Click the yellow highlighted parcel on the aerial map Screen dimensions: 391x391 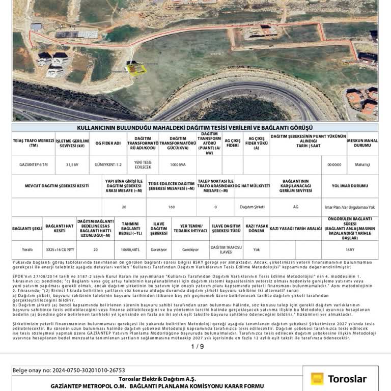click(x=135, y=70)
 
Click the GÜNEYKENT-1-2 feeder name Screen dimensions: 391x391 click(x=108, y=164)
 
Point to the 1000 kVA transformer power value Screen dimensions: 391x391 click(x=178, y=164)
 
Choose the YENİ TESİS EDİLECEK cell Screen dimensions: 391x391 click(x=143, y=164)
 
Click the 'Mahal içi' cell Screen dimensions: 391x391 click(x=362, y=164)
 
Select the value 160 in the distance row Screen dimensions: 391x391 click(x=171, y=207)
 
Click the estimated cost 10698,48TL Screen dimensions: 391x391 click(x=131, y=249)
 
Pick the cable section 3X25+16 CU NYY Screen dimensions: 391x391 click(x=60, y=249)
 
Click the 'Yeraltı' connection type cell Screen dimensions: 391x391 click(x=27, y=249)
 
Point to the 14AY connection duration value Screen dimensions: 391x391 click(x=350, y=249)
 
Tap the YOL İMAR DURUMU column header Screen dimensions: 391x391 click(x=349, y=186)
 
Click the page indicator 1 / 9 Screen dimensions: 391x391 click(x=198, y=346)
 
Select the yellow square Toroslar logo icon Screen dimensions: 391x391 click(x=317, y=379)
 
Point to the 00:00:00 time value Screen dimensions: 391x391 click(x=334, y=164)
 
